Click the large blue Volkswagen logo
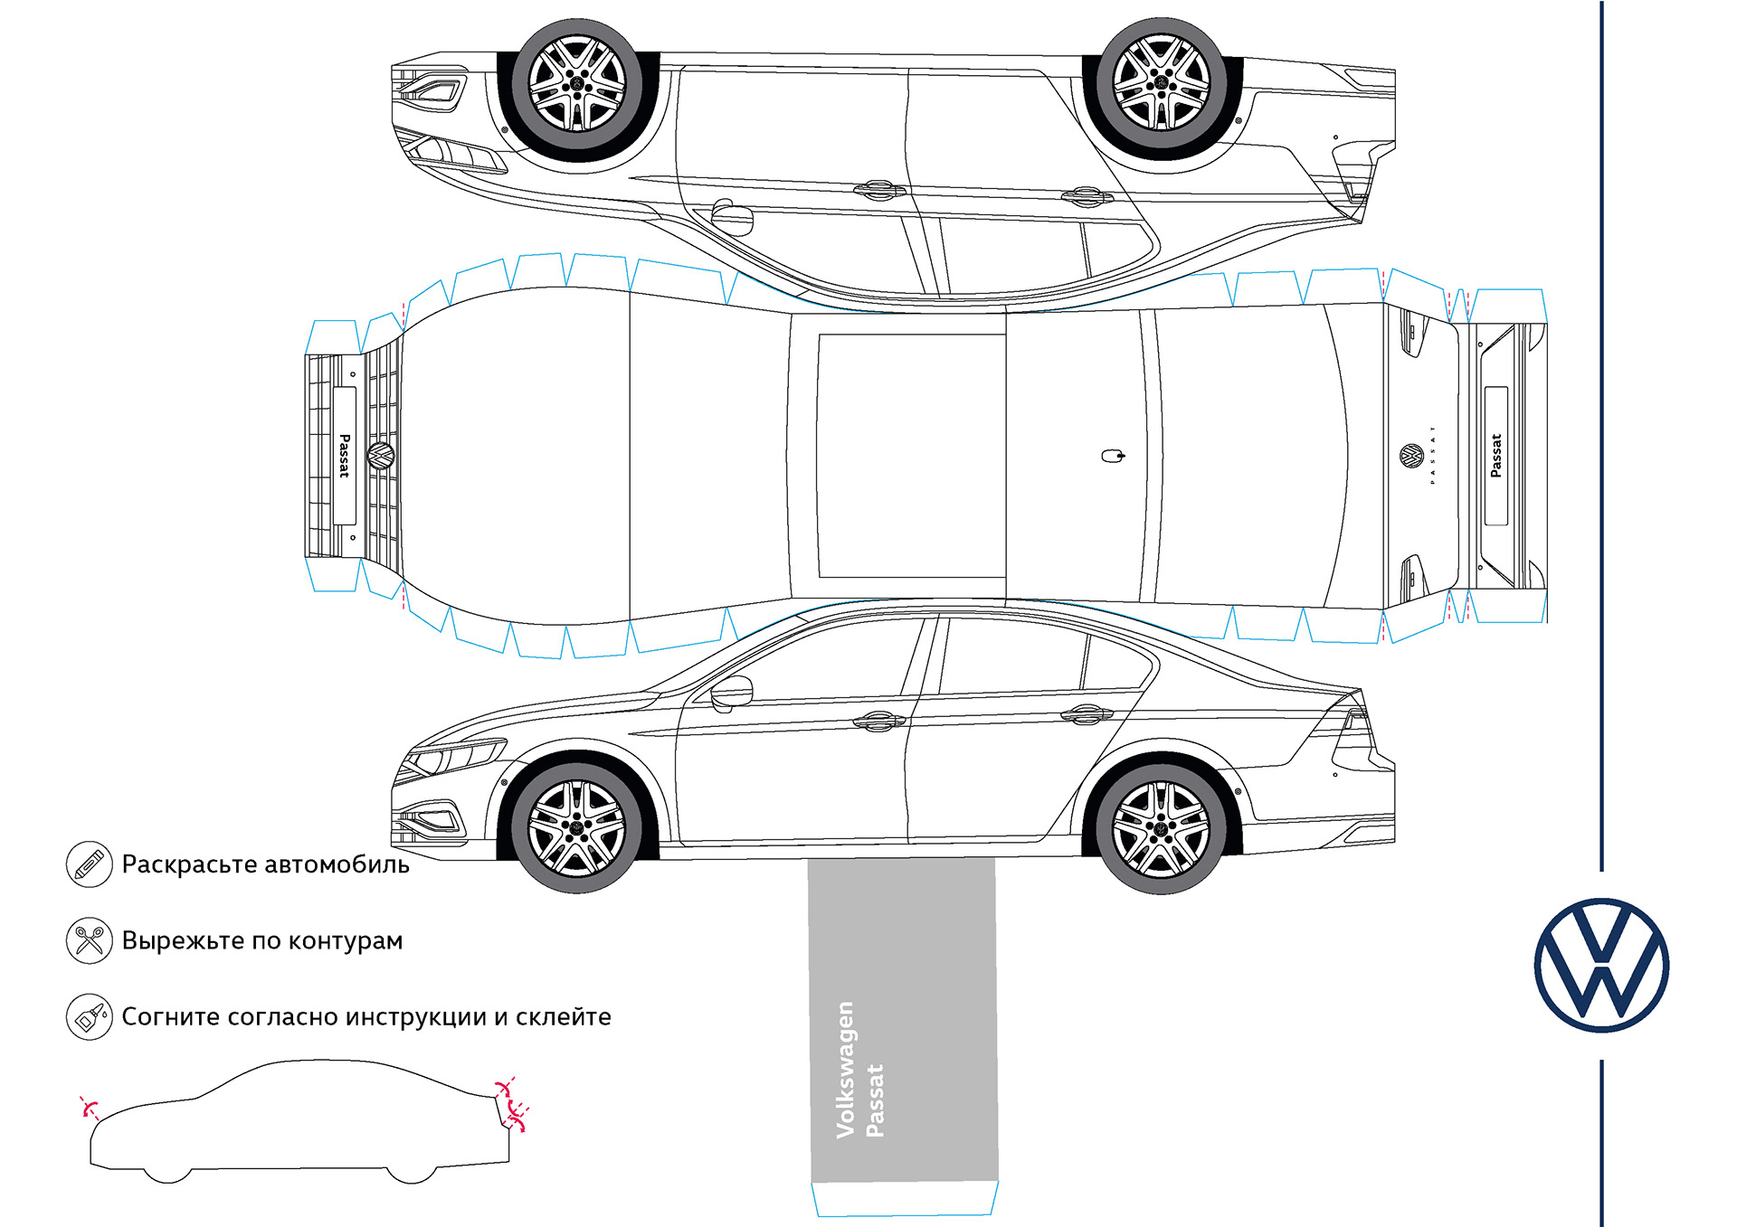tap(1601, 965)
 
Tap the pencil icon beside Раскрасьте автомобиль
tap(89, 864)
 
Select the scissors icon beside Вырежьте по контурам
tap(89, 940)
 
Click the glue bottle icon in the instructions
tap(89, 1016)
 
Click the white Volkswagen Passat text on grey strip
tap(859, 1071)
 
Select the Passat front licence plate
tap(344, 456)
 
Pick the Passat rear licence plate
tap(1495, 456)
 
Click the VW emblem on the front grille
tap(381, 455)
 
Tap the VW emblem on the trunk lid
tap(1411, 456)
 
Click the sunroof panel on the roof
tap(911, 456)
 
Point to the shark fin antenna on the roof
tap(1113, 456)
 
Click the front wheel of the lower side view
tap(576, 826)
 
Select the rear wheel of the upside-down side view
tap(1162, 84)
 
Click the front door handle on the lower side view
tap(878, 721)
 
